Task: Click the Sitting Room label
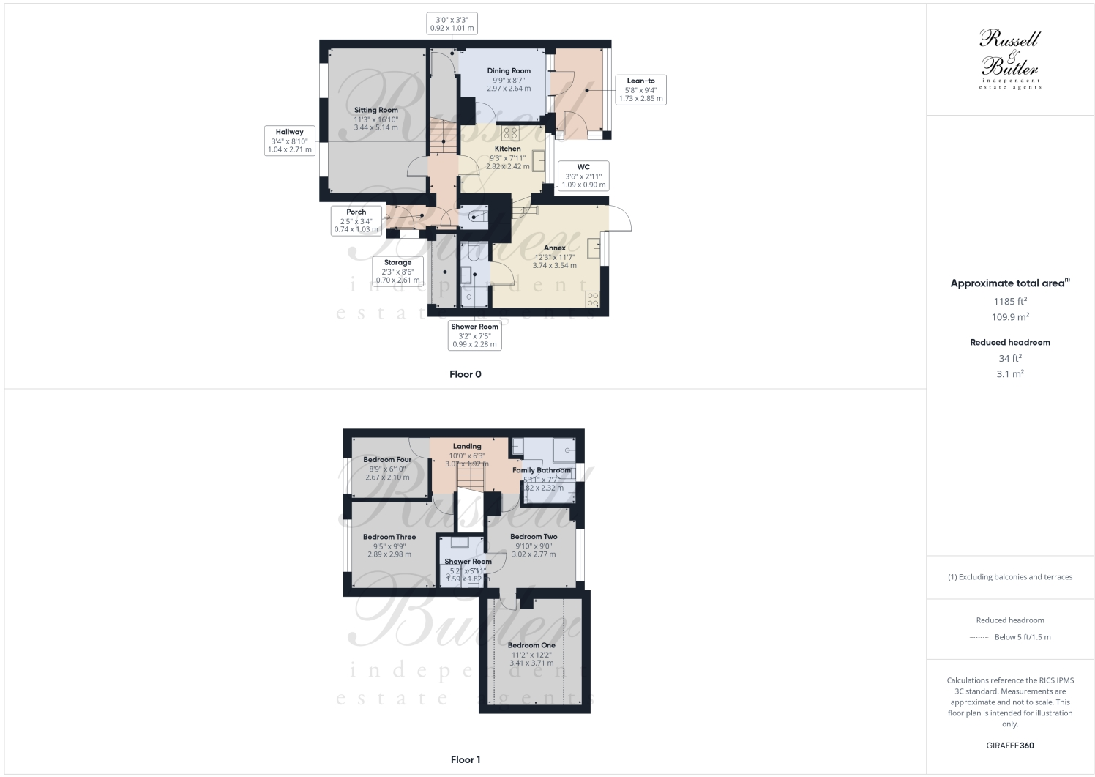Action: point(376,111)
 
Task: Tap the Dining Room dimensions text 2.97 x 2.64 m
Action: point(509,89)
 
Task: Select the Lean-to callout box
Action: point(640,89)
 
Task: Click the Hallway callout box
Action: point(290,141)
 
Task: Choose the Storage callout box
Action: point(397,271)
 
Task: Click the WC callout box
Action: point(583,176)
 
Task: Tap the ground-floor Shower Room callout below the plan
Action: point(474,335)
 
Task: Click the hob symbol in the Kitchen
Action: point(510,133)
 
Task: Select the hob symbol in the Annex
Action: point(592,299)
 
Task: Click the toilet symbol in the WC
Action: point(477,215)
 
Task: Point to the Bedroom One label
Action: point(531,645)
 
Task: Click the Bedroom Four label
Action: point(387,460)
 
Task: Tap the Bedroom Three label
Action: point(389,537)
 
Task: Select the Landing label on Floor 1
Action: point(467,446)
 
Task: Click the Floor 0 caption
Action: point(466,374)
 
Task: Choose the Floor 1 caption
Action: point(466,759)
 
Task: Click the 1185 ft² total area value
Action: point(1010,301)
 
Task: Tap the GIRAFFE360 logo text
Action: point(1010,746)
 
